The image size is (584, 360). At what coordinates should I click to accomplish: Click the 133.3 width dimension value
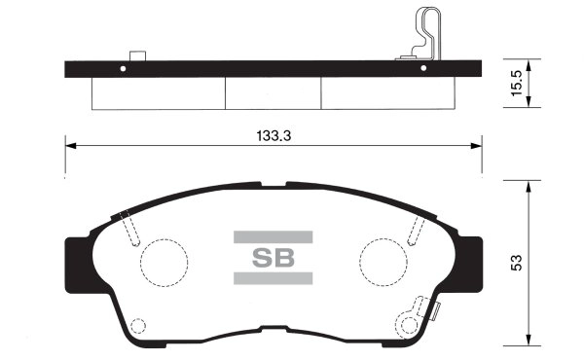click(x=273, y=136)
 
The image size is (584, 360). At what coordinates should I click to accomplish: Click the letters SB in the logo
click(x=273, y=259)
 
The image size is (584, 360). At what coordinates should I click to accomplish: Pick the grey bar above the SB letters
click(x=273, y=235)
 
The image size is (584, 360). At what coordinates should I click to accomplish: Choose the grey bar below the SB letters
click(x=273, y=279)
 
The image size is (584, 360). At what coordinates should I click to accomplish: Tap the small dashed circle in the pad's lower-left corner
click(x=137, y=327)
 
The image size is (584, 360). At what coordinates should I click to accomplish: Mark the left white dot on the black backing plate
click(x=123, y=68)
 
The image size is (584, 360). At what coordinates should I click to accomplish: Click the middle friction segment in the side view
click(x=273, y=92)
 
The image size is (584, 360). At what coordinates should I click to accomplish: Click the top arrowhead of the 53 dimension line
click(x=529, y=184)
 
